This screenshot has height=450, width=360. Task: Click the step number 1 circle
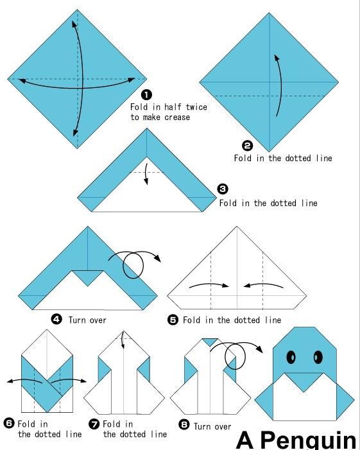146,94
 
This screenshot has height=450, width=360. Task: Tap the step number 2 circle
248,146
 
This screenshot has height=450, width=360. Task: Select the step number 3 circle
223,189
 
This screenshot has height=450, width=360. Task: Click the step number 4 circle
56,319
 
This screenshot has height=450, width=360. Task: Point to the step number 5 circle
173,320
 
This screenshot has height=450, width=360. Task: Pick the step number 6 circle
9,423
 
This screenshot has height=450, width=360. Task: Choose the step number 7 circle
94,424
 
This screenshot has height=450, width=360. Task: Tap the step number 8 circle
184,424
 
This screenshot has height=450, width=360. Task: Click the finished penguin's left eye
291,357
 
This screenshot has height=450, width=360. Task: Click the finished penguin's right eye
318,357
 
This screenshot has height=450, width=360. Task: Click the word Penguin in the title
308,440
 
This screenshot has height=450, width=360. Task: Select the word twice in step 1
196,107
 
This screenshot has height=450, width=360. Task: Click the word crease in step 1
177,117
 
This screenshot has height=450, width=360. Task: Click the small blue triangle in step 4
88,276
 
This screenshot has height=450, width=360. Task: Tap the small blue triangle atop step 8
210,342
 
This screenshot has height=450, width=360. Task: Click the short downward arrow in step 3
146,174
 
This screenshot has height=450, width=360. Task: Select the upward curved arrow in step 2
279,85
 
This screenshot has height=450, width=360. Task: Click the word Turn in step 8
202,426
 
